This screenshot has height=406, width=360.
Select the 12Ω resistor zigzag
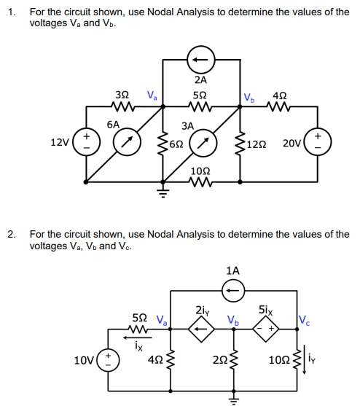[239, 143]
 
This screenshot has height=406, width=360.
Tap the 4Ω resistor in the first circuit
[278, 106]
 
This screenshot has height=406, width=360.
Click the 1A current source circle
[233, 290]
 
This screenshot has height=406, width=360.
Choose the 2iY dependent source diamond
[203, 329]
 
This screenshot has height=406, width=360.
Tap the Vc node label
[303, 319]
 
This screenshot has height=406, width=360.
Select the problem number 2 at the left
[11, 235]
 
